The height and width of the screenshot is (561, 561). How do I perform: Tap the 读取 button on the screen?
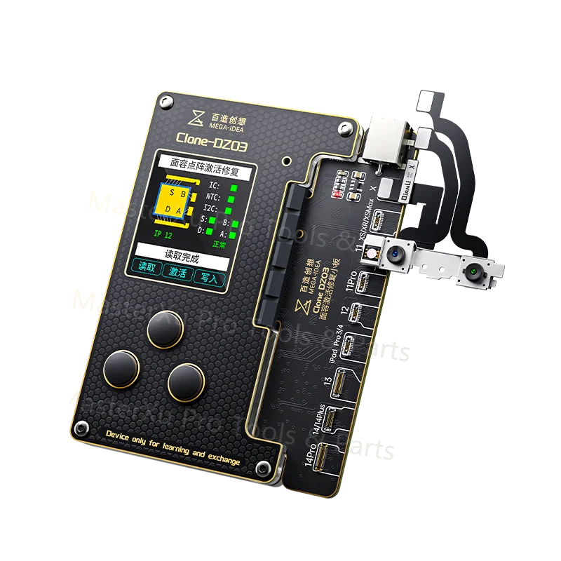tap(146, 268)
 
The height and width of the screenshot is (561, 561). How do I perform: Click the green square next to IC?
tap(234, 188)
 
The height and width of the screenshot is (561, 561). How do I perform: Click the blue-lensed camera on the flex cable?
tap(394, 253)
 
